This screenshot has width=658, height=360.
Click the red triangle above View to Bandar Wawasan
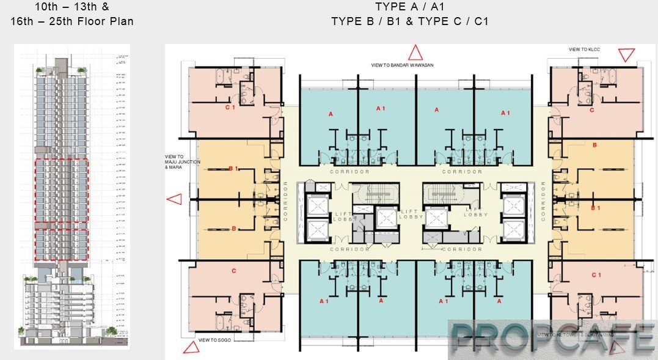(x=415, y=52)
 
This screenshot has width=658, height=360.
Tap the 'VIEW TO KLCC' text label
(x=584, y=50)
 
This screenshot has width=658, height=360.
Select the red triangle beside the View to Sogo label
(x=191, y=347)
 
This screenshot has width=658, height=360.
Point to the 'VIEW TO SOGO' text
(x=214, y=339)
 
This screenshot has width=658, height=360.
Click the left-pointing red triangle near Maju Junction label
(x=174, y=199)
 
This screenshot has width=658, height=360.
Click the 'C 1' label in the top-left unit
(x=230, y=108)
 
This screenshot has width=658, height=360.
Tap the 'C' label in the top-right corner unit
(x=591, y=110)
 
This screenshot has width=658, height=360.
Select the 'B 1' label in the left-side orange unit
(x=233, y=168)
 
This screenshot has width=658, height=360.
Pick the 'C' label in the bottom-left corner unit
(x=233, y=271)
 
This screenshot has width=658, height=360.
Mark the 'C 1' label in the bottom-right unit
(x=596, y=275)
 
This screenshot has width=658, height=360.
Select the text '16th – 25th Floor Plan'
(x=72, y=21)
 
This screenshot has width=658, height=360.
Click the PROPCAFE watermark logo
(x=552, y=339)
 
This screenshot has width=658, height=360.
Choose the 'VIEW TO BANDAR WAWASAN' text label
(x=402, y=65)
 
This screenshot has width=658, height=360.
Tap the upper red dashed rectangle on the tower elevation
(x=61, y=193)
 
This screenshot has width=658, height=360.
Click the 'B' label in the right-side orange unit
(x=594, y=145)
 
